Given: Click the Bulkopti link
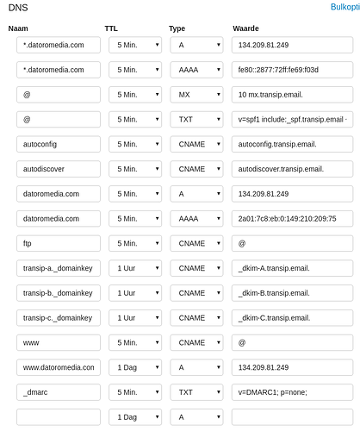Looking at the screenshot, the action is click(x=344, y=7).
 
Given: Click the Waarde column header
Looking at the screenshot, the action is click(x=246, y=28).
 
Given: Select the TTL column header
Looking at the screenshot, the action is click(x=111, y=28).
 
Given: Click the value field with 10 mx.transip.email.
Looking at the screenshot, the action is click(x=291, y=95).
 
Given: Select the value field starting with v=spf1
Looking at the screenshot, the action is click(x=291, y=120).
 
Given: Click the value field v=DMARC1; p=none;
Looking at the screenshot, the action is click(x=291, y=392).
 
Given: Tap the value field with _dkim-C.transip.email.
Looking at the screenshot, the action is click(x=291, y=318).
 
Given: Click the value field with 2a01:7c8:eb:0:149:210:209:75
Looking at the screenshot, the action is click(x=291, y=219).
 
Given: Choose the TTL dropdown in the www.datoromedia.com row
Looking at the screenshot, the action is click(x=135, y=367).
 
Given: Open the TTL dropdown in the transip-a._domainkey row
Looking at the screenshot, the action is click(x=135, y=268).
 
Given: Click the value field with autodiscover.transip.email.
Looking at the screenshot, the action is click(x=291, y=169).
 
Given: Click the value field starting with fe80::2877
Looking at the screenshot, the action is click(x=291, y=70).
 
